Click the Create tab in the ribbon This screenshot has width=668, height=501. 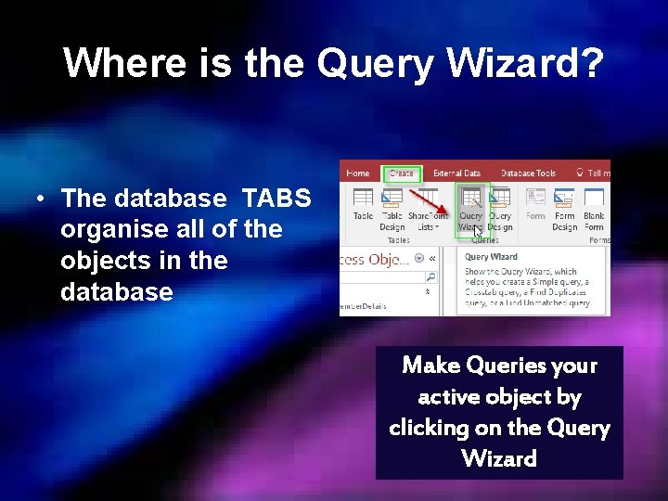(x=402, y=173)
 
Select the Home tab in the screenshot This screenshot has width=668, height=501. (x=357, y=173)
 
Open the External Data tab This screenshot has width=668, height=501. (x=456, y=173)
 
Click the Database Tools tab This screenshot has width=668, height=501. (x=528, y=173)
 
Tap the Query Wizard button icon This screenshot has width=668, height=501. (x=471, y=199)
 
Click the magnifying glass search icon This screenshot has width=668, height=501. (x=430, y=276)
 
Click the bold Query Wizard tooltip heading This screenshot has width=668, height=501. (x=491, y=257)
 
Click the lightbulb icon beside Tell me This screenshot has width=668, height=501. (x=579, y=173)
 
